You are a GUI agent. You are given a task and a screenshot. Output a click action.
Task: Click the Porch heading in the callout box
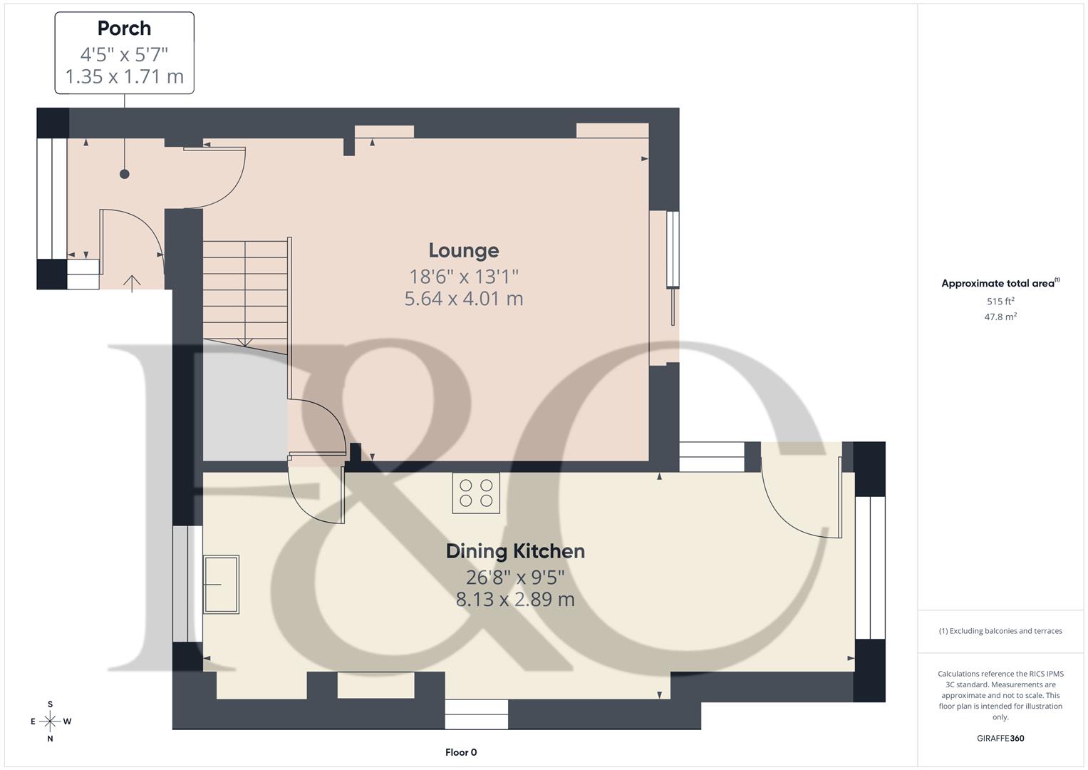[124, 29]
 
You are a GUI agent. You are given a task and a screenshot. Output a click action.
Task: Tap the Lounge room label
[463, 250]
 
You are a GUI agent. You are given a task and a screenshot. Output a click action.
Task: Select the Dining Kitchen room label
[515, 551]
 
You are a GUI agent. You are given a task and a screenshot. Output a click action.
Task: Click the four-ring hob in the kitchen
[476, 493]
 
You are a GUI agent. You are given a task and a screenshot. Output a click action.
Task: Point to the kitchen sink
[221, 584]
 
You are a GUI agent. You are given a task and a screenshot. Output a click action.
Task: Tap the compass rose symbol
[50, 722]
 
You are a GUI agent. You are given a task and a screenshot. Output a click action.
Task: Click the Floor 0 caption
[461, 752]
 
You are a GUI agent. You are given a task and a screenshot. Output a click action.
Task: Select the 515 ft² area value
[1000, 302]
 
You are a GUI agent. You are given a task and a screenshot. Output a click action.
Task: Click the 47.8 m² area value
[1000, 317]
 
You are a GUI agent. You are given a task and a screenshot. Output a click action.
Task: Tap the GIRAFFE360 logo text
[1000, 738]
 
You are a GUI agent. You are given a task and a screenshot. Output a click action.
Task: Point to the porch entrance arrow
[132, 283]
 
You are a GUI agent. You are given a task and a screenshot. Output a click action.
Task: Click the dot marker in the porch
[125, 174]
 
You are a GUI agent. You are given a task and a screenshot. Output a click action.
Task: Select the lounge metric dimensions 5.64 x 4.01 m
[463, 299]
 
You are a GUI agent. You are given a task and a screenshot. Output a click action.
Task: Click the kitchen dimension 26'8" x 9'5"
[515, 577]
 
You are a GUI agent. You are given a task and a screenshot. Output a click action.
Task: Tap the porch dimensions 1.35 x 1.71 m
[124, 77]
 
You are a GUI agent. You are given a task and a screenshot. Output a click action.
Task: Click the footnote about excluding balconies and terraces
[1000, 631]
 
